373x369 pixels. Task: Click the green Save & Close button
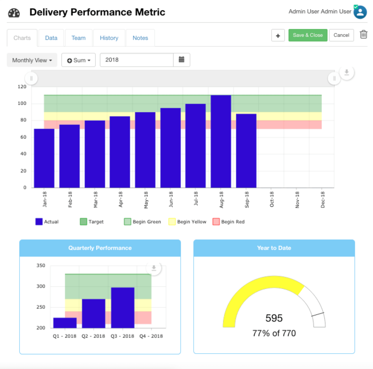click(308, 35)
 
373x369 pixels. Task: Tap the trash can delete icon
click(363, 35)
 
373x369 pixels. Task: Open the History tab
click(109, 38)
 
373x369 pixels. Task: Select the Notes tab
click(140, 38)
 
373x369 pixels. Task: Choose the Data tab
click(51, 38)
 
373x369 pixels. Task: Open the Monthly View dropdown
click(32, 60)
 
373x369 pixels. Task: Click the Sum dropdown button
click(79, 60)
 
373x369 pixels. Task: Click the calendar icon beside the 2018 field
click(182, 60)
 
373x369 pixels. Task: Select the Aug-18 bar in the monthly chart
click(221, 141)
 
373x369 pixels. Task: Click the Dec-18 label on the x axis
click(322, 200)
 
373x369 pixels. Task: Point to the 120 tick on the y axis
click(22, 87)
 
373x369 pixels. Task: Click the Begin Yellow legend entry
click(188, 222)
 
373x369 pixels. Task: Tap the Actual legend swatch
click(39, 222)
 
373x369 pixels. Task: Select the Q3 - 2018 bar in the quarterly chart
click(123, 307)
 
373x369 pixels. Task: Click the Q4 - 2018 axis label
click(151, 336)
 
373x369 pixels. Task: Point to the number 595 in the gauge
click(274, 318)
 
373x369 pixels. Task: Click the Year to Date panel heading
click(274, 248)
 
